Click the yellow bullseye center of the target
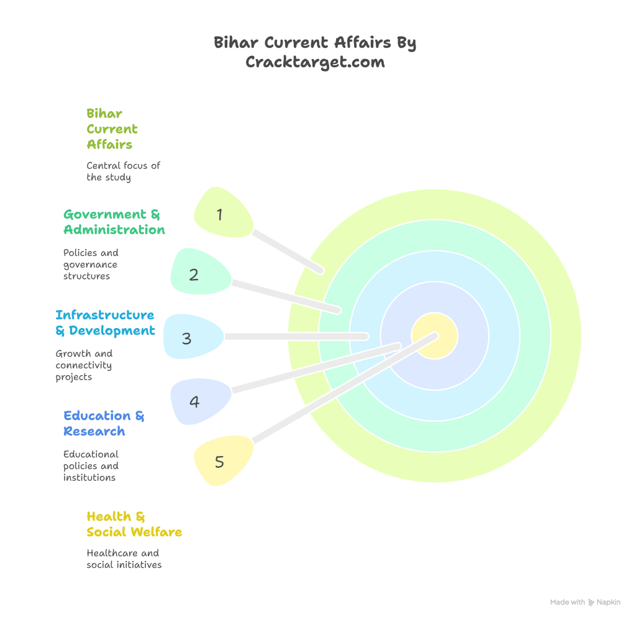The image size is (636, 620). (435, 336)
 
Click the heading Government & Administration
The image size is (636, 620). (114, 222)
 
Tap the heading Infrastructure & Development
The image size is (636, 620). (104, 322)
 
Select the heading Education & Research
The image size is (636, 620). (103, 423)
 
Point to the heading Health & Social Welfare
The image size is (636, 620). (134, 524)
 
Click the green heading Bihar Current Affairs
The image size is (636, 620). (112, 129)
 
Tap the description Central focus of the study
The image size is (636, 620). (123, 171)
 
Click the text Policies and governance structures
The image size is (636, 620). (91, 264)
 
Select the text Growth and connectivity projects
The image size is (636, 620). (84, 365)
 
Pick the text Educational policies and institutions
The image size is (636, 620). (91, 465)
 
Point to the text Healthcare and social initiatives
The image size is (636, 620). (123, 558)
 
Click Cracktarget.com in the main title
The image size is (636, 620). (315, 62)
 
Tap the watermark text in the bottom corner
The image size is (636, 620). (584, 602)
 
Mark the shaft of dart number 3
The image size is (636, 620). (295, 336)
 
